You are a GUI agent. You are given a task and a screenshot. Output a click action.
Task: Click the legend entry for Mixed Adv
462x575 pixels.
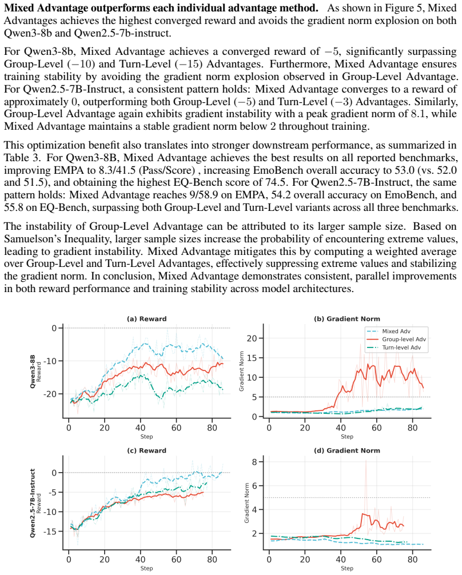(389, 331)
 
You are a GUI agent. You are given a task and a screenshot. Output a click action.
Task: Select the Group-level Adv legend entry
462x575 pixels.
(396, 339)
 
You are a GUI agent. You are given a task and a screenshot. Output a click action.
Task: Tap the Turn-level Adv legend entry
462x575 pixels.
(394, 348)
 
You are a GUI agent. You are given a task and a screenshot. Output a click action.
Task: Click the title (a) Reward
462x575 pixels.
(147, 319)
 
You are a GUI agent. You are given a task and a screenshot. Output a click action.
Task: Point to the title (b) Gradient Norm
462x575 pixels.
(347, 319)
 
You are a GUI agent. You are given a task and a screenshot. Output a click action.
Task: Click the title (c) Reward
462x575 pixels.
(147, 451)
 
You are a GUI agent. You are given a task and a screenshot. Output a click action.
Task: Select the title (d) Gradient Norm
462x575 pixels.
(347, 451)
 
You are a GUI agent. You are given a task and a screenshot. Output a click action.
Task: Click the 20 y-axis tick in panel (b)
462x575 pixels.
(252, 338)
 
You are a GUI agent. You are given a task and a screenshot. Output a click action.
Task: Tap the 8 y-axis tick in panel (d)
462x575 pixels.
(254, 462)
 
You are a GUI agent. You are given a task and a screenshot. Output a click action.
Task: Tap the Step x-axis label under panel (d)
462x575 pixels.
(347, 568)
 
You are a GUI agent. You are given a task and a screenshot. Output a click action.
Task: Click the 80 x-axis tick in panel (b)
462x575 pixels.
(412, 428)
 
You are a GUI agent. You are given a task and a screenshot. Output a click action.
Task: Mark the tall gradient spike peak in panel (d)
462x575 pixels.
(366, 461)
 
